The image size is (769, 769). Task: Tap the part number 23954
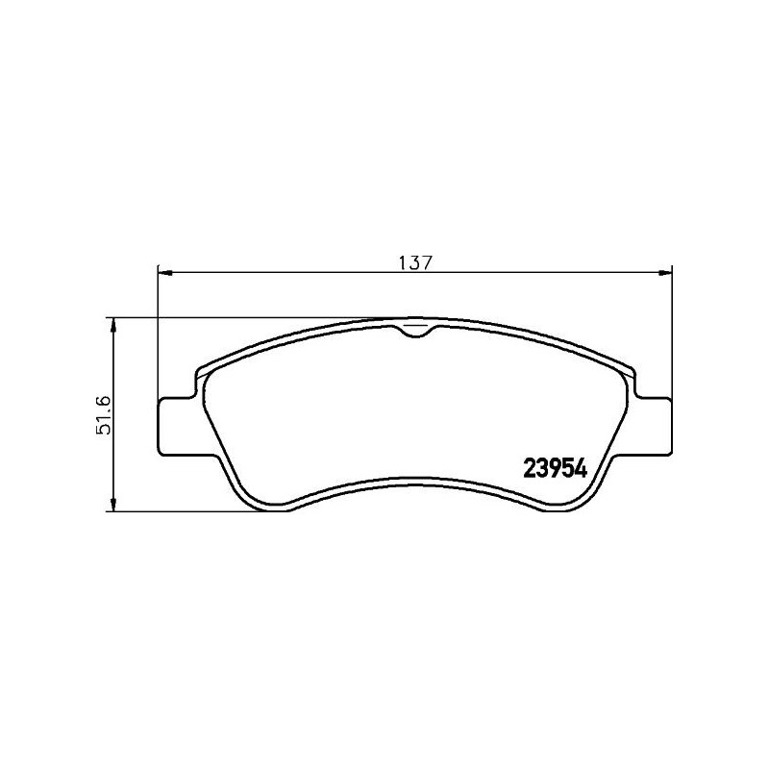click(x=555, y=468)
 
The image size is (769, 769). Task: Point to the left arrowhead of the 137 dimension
click(x=162, y=273)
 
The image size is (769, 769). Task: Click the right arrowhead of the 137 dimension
click(x=665, y=273)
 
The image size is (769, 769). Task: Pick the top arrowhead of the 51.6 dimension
click(x=114, y=325)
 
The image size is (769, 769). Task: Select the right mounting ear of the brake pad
click(x=651, y=423)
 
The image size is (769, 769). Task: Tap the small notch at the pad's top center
click(x=413, y=330)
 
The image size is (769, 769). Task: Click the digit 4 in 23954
click(x=580, y=468)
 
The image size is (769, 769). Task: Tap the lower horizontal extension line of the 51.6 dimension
click(x=192, y=510)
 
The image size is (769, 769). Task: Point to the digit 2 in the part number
click(x=529, y=468)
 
